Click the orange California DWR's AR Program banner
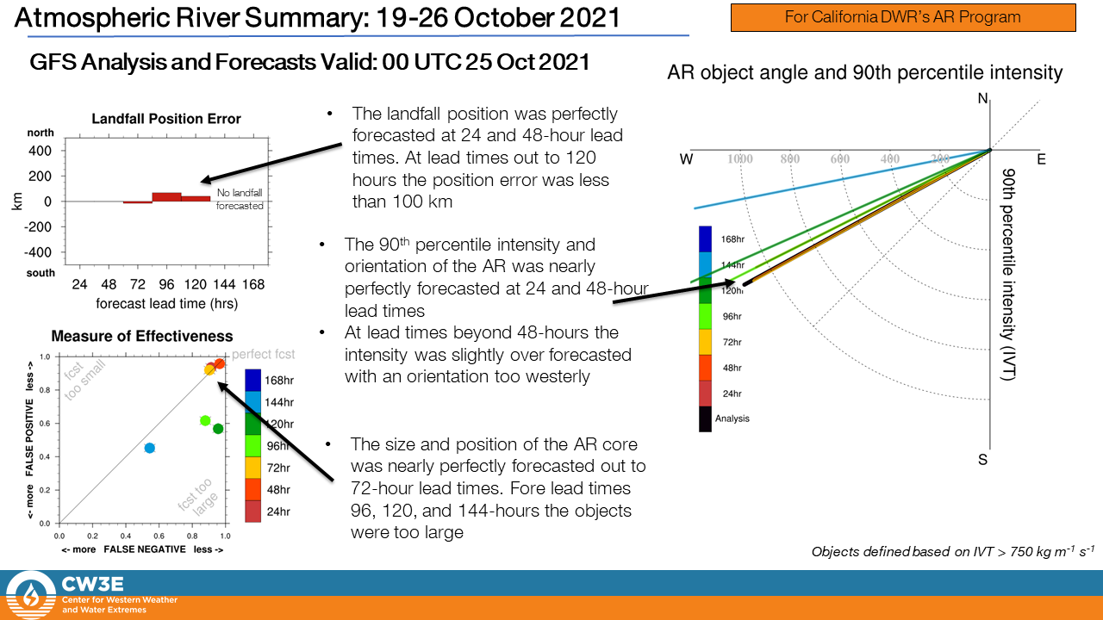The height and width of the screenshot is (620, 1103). (x=902, y=17)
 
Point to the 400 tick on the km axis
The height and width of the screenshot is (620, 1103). (x=42, y=151)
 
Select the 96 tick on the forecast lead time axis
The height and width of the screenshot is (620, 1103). (x=166, y=283)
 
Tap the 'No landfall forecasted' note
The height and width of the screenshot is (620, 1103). (x=240, y=201)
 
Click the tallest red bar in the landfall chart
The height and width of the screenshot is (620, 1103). (x=166, y=197)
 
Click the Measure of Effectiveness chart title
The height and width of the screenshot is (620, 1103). (x=142, y=336)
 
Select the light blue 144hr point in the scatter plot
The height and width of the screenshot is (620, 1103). (x=149, y=448)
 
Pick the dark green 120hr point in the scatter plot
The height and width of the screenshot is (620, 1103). (x=218, y=429)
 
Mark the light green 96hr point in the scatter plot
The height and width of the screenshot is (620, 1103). (x=205, y=420)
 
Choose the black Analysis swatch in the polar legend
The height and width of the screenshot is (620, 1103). (x=705, y=419)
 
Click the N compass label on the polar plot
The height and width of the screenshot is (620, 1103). (x=983, y=99)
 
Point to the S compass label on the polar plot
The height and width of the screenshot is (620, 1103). (x=982, y=460)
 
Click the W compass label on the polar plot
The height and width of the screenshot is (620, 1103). (x=686, y=159)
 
